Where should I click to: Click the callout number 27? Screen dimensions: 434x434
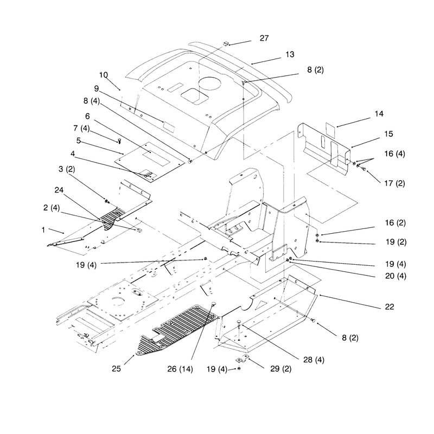pyautogui.click(x=264, y=38)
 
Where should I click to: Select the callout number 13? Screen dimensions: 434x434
pyautogui.click(x=290, y=54)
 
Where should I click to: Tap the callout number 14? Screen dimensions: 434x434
pyautogui.click(x=379, y=114)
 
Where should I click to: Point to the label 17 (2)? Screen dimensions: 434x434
pyautogui.click(x=394, y=183)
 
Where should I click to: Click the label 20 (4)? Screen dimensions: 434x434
pyautogui.click(x=395, y=276)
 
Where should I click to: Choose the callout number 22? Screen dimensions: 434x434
pyautogui.click(x=390, y=307)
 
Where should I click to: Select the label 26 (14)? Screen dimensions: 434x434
pyautogui.click(x=180, y=369)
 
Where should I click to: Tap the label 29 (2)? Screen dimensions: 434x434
pyautogui.click(x=280, y=369)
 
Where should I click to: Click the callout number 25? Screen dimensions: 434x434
pyautogui.click(x=116, y=369)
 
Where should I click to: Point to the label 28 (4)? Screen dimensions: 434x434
pyautogui.click(x=314, y=360)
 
